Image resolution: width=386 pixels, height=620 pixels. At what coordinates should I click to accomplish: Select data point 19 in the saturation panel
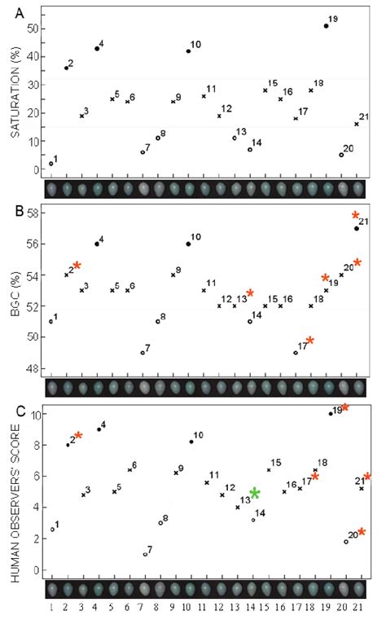[x=326, y=26]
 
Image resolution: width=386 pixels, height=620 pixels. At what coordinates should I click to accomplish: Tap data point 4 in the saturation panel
[x=97, y=49]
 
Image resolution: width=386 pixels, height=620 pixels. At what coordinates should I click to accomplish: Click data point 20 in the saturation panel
[x=341, y=155]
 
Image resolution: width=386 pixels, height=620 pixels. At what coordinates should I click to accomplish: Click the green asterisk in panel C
[x=255, y=493]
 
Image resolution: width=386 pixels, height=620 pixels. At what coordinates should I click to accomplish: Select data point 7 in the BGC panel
[x=143, y=353]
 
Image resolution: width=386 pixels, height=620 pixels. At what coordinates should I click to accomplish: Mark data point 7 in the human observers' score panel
[x=145, y=554]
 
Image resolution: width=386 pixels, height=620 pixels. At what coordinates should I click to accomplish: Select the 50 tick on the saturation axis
[x=33, y=29]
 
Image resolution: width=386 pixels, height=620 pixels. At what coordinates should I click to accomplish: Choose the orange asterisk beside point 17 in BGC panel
[x=310, y=341]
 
